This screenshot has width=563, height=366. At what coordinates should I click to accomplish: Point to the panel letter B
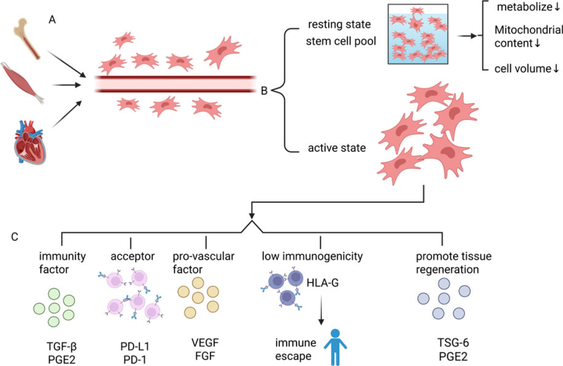(x=265, y=90)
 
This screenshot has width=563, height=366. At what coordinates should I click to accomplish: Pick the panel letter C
(x=14, y=237)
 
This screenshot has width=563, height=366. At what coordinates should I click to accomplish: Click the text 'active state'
(x=337, y=147)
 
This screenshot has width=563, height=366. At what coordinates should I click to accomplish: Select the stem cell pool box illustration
(x=418, y=34)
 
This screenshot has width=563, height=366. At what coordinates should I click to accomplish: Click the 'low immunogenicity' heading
(x=313, y=256)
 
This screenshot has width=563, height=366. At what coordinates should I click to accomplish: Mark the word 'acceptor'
(x=133, y=256)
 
